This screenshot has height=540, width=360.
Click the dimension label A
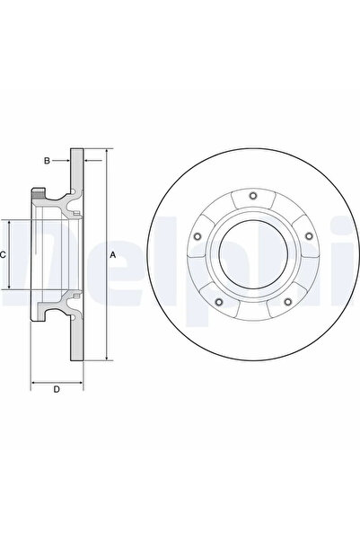pyautogui.click(x=113, y=255)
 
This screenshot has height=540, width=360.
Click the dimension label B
pyautogui.click(x=48, y=162)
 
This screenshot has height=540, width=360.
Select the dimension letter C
pyautogui.click(x=4, y=255)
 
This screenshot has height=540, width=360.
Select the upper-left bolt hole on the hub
pyautogui.click(x=197, y=237)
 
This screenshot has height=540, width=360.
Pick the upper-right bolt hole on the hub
pyautogui.click(x=308, y=237)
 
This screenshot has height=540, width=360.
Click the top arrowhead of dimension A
pyautogui.click(x=106, y=154)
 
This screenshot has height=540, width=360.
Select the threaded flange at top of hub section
pyautogui.click(x=40, y=193)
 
